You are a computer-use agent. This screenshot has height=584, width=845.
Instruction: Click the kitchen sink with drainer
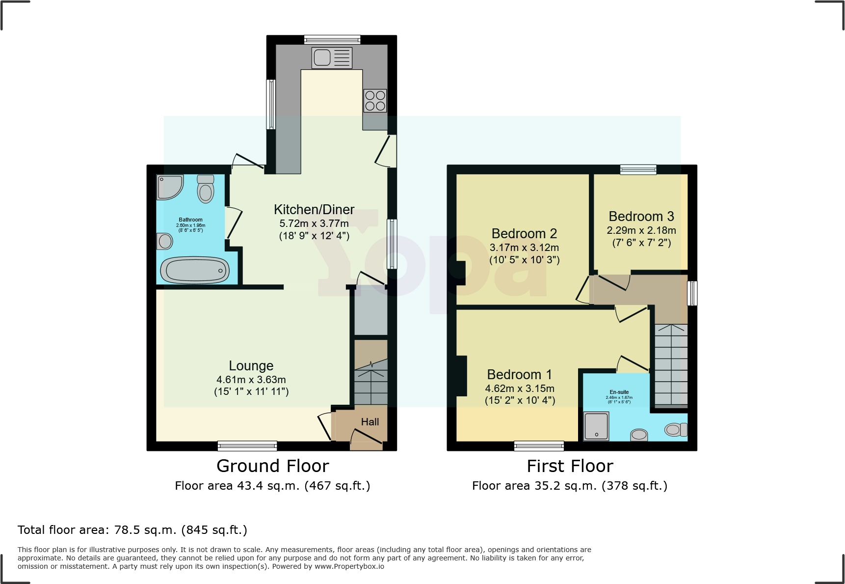pyautogui.click(x=332, y=57)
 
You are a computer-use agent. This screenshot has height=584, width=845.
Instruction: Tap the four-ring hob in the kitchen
pyautogui.click(x=375, y=101)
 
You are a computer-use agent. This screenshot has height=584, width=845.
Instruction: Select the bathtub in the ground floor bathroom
pyautogui.click(x=195, y=270)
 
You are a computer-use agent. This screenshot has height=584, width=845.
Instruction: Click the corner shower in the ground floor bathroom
pyautogui.click(x=169, y=187)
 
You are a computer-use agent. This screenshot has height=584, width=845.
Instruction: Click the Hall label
pyautogui.click(x=370, y=422)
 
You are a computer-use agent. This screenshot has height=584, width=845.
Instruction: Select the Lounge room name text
pyautogui.click(x=251, y=366)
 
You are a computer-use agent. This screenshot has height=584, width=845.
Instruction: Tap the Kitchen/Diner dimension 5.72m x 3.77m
pyautogui.click(x=314, y=223)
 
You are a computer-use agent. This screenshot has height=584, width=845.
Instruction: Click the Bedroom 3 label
pyautogui.click(x=641, y=217)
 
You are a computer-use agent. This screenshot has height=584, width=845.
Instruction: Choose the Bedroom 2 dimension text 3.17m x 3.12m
pyautogui.click(x=524, y=248)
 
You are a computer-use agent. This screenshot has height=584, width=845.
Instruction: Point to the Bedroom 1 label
pyautogui.click(x=519, y=375)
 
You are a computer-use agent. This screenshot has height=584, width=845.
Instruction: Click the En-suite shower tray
pyautogui.click(x=596, y=426)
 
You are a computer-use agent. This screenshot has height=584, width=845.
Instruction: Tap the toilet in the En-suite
pyautogui.click(x=676, y=430)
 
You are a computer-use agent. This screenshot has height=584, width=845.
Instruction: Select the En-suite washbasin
pyautogui.click(x=639, y=435)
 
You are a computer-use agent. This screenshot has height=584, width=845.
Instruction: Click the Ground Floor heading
pyautogui.click(x=273, y=466)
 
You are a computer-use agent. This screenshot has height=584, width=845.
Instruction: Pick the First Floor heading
pyautogui.click(x=570, y=466)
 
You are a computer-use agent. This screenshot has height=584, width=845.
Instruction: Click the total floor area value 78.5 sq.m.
pyautogui.click(x=145, y=530)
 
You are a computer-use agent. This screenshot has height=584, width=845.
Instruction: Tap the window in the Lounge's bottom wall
pyautogui.click(x=247, y=445)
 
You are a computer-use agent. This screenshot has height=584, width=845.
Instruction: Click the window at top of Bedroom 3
pyautogui.click(x=638, y=169)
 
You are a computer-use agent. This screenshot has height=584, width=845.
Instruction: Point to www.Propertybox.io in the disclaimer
pyautogui.click(x=349, y=566)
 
